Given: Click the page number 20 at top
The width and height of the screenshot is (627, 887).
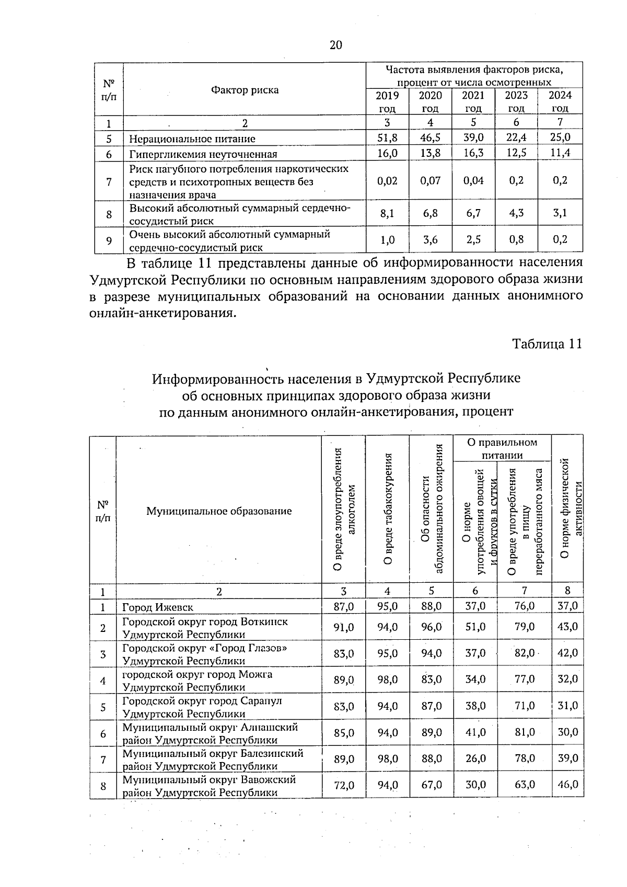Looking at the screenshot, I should point(335,45).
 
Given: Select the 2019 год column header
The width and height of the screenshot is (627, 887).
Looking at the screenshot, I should point(387,101).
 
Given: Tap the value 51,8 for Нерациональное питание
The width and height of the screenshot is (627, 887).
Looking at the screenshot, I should point(387,138).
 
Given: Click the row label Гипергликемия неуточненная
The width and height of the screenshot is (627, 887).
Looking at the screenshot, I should point(203,154).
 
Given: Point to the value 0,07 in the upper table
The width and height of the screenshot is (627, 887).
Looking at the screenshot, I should point(430,180).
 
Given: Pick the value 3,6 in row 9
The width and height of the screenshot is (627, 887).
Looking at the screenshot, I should point(430,240).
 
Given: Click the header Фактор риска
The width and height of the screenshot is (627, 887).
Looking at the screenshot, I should point(245,90).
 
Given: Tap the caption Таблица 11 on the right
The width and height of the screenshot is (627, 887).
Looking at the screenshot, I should point(547,344).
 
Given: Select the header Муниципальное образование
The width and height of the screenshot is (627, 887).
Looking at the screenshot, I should point(218,511).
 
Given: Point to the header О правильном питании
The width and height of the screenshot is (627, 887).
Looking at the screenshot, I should point(502,448).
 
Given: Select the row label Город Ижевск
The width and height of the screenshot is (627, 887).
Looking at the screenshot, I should point(157,607).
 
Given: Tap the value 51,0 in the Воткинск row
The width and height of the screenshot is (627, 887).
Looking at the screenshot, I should point(475,627).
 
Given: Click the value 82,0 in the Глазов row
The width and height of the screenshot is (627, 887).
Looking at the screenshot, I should point(524,653).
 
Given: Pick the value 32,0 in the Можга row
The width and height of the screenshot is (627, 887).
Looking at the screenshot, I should point(567,679).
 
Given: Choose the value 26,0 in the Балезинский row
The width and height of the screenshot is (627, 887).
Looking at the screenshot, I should point(475,758).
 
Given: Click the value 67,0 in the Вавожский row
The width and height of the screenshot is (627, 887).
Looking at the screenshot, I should point(431,785).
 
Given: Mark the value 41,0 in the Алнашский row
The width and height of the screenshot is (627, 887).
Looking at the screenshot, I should point(475,732).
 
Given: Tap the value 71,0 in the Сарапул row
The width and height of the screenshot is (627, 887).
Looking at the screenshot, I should point(524,706).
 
